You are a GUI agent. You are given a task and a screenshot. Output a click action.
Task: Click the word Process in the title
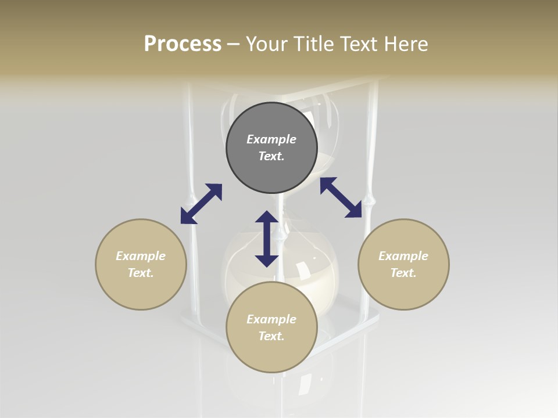(x=183, y=44)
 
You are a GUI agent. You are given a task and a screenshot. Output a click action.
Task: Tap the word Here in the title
(x=406, y=44)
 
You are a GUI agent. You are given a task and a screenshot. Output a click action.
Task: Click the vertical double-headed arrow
(x=267, y=239)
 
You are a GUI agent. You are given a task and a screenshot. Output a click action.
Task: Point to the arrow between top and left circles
(x=201, y=204)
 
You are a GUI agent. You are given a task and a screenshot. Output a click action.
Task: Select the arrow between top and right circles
(x=341, y=197)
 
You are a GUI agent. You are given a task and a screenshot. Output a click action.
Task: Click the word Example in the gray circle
(x=271, y=139)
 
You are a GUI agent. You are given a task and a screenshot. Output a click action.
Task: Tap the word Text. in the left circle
(x=141, y=273)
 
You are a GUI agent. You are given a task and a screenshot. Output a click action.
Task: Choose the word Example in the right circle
(x=403, y=256)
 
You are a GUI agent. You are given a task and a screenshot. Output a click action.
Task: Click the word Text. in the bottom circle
(x=271, y=336)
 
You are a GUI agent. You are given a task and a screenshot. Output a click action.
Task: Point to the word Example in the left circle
(x=141, y=256)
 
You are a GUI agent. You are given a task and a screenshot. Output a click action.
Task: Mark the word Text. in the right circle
(x=403, y=273)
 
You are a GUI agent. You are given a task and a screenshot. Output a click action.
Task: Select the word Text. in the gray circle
(x=271, y=156)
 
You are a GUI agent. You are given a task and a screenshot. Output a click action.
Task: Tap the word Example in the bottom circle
(x=271, y=319)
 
